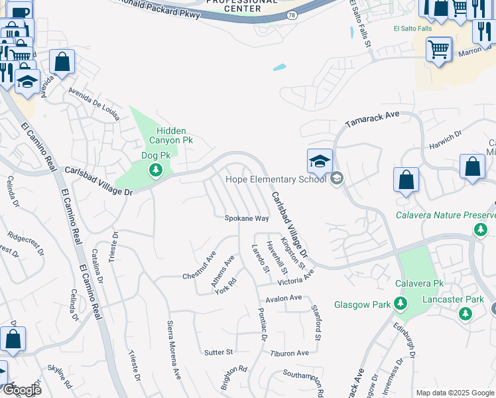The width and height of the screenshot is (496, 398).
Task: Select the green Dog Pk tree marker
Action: click(x=156, y=171)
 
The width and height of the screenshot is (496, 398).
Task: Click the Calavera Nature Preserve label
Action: click(x=446, y=215)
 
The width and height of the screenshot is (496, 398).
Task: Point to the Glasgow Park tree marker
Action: click(x=400, y=304)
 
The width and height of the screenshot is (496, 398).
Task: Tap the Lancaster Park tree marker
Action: click(x=465, y=313)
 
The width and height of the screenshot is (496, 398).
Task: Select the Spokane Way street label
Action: click(x=247, y=218)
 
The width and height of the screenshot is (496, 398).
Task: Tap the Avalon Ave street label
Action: click(x=283, y=298)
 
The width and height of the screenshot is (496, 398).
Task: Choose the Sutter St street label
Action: click(x=219, y=352)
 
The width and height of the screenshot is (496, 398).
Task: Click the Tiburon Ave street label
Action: click(x=290, y=353)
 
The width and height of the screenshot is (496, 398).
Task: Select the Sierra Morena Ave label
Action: click(x=174, y=350)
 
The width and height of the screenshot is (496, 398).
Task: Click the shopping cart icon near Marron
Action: click(x=439, y=48)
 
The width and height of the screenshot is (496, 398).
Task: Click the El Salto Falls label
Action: click(x=412, y=29)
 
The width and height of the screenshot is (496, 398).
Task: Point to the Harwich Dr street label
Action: click(x=445, y=140)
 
